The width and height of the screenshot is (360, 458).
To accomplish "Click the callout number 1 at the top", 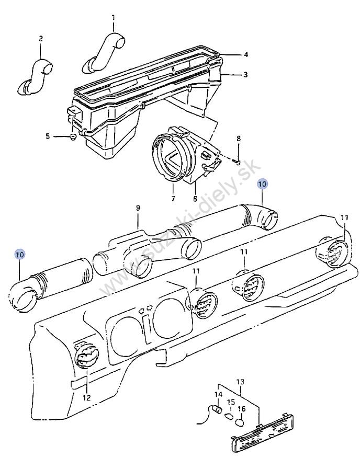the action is (114, 18).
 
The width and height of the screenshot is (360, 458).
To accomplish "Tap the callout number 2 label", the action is (41, 38).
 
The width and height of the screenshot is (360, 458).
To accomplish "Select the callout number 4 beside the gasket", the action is (246, 54).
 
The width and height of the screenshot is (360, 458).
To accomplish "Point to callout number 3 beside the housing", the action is (245, 75).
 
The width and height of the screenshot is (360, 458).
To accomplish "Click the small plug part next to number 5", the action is (73, 137).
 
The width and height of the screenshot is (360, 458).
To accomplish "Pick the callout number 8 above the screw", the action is (239, 138).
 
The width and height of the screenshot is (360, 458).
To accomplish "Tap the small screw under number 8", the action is (238, 160).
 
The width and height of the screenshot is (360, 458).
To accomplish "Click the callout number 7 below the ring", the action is (173, 199).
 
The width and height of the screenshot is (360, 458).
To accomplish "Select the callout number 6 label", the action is (195, 199).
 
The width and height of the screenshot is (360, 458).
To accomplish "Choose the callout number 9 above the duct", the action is (138, 208).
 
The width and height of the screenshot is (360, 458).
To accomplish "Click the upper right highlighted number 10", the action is (262, 184).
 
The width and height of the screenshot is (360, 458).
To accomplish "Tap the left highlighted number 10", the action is (20, 255).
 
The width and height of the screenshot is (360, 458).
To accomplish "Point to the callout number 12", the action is (87, 397).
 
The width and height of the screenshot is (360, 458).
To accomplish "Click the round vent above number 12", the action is (87, 354).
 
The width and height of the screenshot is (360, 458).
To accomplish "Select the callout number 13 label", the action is (240, 382).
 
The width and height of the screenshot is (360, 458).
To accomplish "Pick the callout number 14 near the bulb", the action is (218, 395).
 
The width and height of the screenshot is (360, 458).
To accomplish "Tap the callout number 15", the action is (231, 402).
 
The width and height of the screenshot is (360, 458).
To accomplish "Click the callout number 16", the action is (242, 409).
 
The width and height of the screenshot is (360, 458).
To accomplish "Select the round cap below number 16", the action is (240, 422).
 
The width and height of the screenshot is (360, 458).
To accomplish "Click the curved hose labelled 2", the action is (37, 76).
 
